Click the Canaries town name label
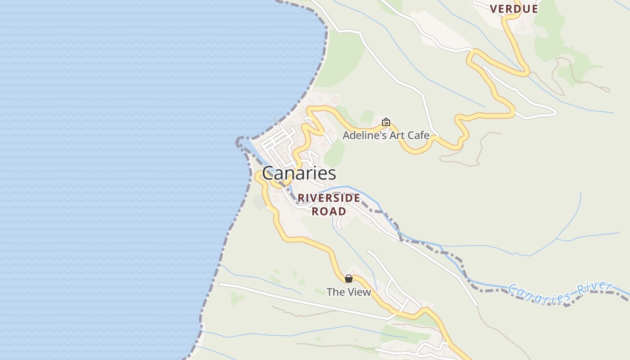299,173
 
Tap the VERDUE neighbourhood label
514,9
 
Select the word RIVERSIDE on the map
329,198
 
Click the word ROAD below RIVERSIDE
329,211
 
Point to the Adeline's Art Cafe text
386,135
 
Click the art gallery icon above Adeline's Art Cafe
386,122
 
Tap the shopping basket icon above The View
349,279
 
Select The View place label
349,292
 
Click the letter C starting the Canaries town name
268,174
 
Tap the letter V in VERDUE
494,9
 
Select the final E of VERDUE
535,9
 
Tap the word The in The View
335,292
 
